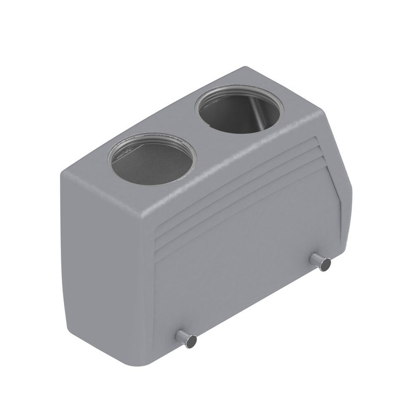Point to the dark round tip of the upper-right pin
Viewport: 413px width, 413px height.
[325, 264]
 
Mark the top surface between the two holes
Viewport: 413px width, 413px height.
[194, 132]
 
